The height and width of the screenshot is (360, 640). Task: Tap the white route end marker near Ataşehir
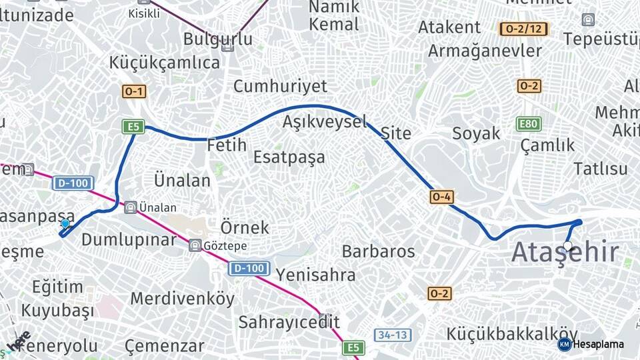coord(567,246)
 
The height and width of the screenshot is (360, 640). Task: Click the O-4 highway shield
coord(442,197)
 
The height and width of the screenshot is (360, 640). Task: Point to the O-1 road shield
coord(134,92)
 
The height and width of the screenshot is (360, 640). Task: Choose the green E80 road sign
coord(529,124)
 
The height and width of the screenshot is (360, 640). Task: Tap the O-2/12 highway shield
coord(523,29)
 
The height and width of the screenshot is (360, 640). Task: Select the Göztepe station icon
coord(195,245)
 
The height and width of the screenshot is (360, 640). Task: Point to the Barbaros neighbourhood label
coord(378,251)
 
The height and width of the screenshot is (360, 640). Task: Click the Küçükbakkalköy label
coord(512,333)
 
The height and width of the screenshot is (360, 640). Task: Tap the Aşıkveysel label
coord(325,121)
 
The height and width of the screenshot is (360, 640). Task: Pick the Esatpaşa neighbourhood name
coord(289,157)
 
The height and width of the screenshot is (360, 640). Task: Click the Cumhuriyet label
coord(280,86)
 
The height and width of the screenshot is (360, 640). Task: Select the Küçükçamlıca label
coord(165,63)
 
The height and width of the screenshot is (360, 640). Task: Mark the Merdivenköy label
coord(182,298)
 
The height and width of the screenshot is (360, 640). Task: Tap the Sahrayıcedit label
coord(289,322)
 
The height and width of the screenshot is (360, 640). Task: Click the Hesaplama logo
coord(591,344)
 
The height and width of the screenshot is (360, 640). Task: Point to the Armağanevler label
coord(485,51)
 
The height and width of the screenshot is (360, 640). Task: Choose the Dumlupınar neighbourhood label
coord(129,240)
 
